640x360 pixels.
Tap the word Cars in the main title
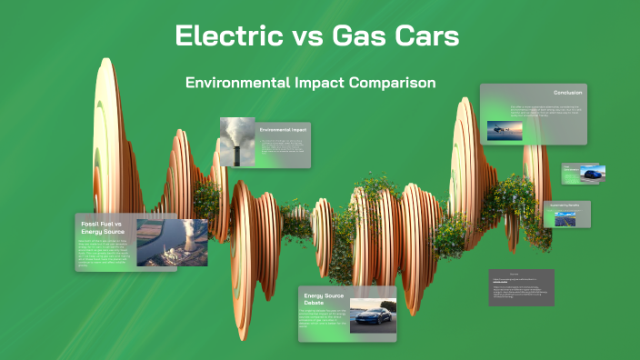coord(426,36)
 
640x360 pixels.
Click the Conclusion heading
coord(567,93)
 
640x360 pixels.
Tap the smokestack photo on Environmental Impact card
coord(236,141)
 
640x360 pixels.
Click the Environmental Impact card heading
coord(283,130)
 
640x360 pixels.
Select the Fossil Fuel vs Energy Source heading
coord(107,227)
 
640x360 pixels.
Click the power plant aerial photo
coord(172,242)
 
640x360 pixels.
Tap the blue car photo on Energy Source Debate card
coord(373,314)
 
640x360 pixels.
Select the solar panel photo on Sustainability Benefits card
coord(566,218)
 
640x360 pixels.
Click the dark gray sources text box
coord(521,287)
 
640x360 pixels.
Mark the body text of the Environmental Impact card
coord(282,149)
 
